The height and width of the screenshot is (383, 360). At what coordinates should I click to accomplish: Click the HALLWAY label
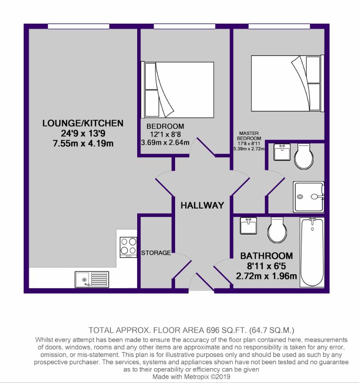202,205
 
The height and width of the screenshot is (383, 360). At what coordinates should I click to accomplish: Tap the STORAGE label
156,253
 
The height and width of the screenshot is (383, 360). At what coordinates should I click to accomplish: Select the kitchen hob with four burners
128,247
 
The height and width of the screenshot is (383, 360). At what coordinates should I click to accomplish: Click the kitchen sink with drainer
92,279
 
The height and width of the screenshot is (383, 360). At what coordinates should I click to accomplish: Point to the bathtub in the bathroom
312,252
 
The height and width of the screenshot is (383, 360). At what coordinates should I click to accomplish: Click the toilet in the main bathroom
277,230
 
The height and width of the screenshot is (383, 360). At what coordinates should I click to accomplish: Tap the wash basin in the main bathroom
248,226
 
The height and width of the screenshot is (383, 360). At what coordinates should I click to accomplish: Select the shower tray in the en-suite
308,197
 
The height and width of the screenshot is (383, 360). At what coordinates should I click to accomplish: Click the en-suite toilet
304,156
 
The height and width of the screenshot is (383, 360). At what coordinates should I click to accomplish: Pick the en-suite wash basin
282,152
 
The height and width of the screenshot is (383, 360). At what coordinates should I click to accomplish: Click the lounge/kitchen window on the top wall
78,26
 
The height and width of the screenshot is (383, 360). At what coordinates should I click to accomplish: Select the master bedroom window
279,26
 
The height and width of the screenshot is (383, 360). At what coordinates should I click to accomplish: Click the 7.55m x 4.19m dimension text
83,143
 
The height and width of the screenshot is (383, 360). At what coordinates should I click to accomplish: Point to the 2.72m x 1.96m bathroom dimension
266,276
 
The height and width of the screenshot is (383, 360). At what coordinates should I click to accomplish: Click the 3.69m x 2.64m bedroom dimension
165,143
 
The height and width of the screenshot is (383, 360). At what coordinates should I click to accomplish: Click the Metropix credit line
191,377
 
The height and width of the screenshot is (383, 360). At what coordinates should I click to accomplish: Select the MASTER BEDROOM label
249,136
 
